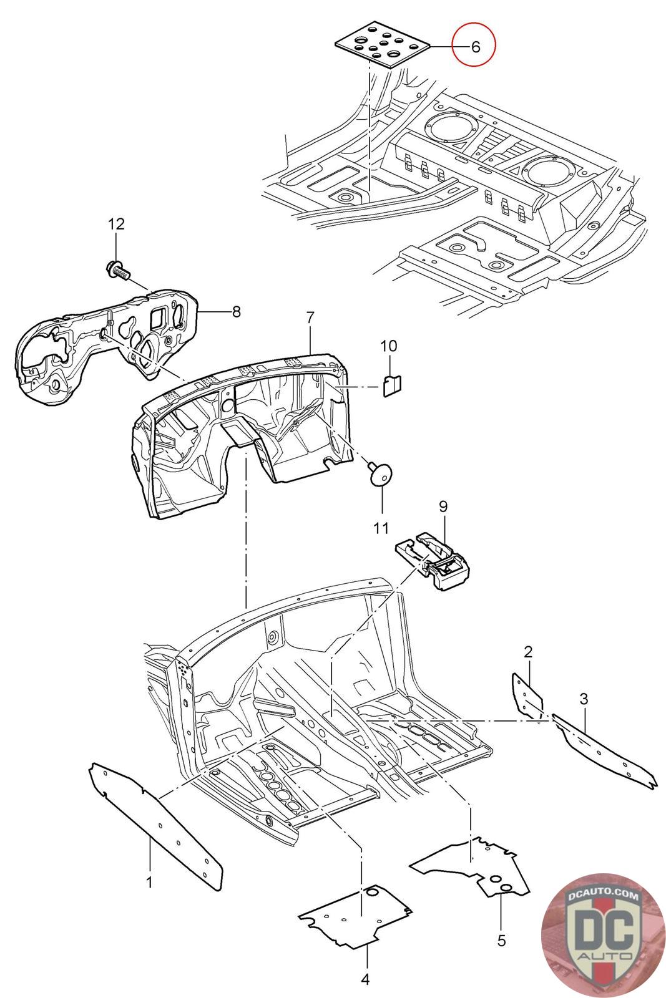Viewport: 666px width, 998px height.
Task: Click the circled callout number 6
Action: [x=475, y=46]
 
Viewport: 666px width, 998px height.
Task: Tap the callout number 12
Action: [x=116, y=224]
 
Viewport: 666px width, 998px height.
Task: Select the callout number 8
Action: [x=237, y=311]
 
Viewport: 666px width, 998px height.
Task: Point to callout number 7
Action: [x=310, y=317]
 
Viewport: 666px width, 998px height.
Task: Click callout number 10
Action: [x=388, y=346]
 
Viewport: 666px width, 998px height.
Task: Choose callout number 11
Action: [x=381, y=528]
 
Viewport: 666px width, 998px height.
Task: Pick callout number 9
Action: [x=443, y=506]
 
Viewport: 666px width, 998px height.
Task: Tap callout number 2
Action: [x=528, y=652]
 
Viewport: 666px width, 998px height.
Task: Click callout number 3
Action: [x=584, y=699]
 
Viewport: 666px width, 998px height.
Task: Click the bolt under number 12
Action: [x=118, y=271]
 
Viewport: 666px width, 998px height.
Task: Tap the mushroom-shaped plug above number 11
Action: [x=380, y=474]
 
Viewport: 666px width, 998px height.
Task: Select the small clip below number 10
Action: [x=392, y=386]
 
